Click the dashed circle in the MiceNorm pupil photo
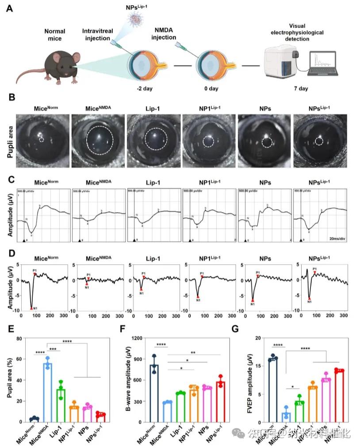pyautogui.click(x=42, y=139)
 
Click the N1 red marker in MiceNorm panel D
pyautogui.click(x=31, y=308)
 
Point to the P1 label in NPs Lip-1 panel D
pyautogui.click(x=314, y=269)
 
